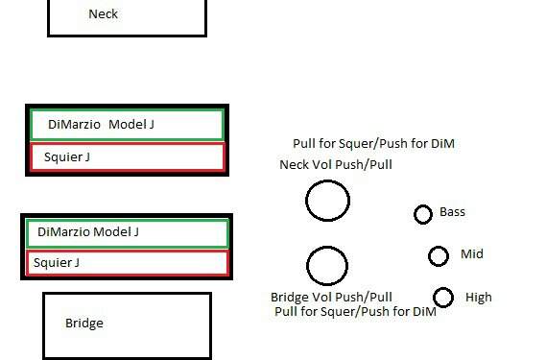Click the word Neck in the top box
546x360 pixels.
point(103,14)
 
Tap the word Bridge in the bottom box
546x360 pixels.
point(84,324)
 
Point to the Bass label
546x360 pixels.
point(452,212)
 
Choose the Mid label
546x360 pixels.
point(472,254)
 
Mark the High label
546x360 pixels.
point(479,298)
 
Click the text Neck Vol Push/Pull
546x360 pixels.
point(336,164)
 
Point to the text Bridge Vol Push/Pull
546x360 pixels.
point(331,298)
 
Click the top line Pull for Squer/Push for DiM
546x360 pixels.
point(373,144)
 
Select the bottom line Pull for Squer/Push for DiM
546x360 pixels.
point(355,311)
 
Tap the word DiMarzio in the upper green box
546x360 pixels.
point(74,125)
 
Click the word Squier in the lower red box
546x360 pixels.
point(52,262)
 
